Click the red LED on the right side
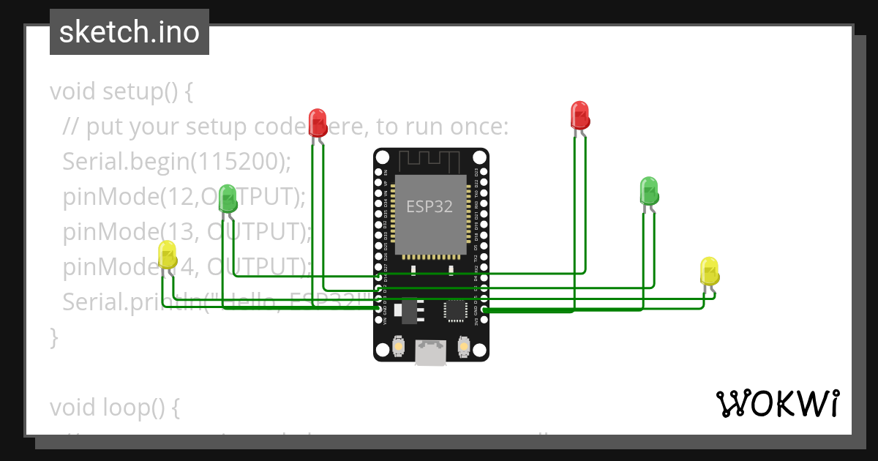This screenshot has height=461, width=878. tap(579, 115)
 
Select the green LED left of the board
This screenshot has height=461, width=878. tap(228, 196)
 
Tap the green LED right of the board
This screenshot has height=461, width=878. tap(648, 190)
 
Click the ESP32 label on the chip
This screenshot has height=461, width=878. tap(429, 206)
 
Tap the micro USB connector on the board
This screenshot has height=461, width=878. tap(430, 353)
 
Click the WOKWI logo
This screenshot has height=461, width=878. tap(777, 403)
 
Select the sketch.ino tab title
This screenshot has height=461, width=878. tap(130, 32)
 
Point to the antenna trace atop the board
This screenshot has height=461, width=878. tap(430, 158)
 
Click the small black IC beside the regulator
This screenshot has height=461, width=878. tap(455, 310)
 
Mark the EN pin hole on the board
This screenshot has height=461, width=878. tap(378, 172)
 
